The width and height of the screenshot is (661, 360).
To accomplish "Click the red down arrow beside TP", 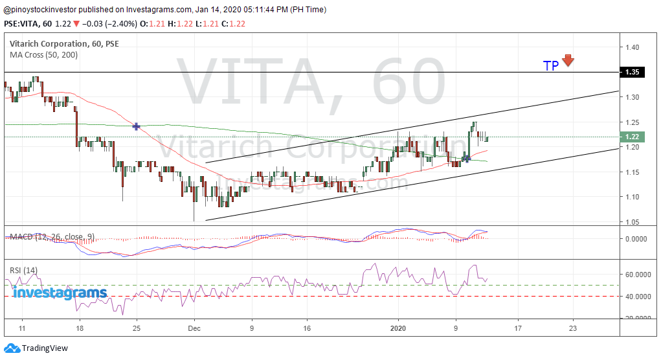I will pyautogui.click(x=568, y=60).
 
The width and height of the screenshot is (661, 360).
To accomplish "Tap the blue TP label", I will pyautogui.click(x=551, y=66).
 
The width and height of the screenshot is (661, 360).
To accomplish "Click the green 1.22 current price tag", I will pyautogui.click(x=632, y=137).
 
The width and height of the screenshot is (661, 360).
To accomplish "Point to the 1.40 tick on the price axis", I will pyautogui.click(x=632, y=47).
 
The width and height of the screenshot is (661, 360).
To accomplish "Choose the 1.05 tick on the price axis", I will pyautogui.click(x=632, y=221).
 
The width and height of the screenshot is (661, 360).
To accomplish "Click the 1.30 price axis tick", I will pyautogui.click(x=632, y=97).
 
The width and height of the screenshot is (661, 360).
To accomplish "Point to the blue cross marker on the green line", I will pyautogui.click(x=137, y=126).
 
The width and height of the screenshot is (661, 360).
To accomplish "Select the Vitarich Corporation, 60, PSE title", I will pyautogui.click(x=64, y=44).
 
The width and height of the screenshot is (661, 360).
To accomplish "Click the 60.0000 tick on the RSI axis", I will pyautogui.click(x=638, y=274).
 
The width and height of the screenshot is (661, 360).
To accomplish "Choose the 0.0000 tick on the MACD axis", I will pyautogui.click(x=638, y=238).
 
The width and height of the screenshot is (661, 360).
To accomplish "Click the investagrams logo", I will pyautogui.click(x=60, y=293).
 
